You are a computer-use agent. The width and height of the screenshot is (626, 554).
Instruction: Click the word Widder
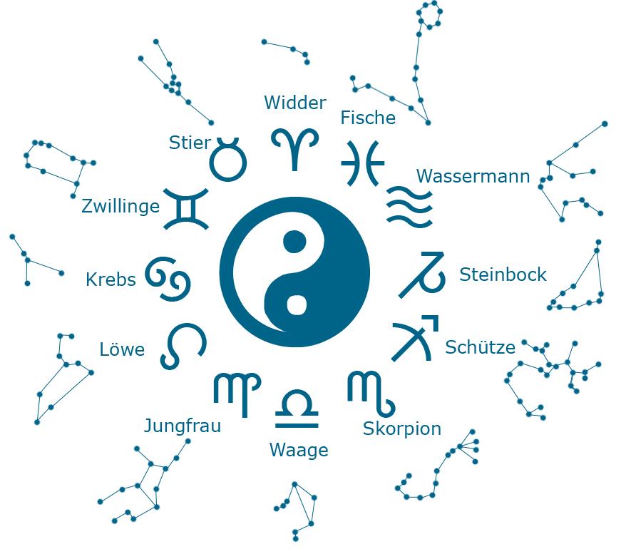295,103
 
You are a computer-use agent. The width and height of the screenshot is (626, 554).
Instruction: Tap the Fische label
368,118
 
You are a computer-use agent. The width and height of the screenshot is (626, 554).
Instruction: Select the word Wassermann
473,176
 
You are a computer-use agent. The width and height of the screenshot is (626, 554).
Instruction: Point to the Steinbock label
503,275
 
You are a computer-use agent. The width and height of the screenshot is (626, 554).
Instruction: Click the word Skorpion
402,429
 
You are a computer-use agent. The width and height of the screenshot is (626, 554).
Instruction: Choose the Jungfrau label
183,426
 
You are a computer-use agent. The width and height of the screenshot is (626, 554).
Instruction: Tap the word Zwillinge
120,206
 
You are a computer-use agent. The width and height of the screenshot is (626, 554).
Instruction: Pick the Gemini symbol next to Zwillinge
186,209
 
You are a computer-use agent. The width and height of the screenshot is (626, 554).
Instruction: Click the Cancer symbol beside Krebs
168,279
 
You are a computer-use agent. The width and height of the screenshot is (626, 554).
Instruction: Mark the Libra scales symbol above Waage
297,409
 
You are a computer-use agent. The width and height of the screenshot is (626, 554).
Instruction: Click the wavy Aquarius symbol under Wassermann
410,207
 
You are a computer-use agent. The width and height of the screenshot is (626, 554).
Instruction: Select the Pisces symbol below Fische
363,163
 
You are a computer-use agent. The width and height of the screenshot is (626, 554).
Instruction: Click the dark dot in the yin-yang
294,242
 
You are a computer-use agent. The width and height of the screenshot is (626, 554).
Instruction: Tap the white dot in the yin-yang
297,304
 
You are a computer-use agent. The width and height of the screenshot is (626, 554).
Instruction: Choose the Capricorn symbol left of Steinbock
422,275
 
